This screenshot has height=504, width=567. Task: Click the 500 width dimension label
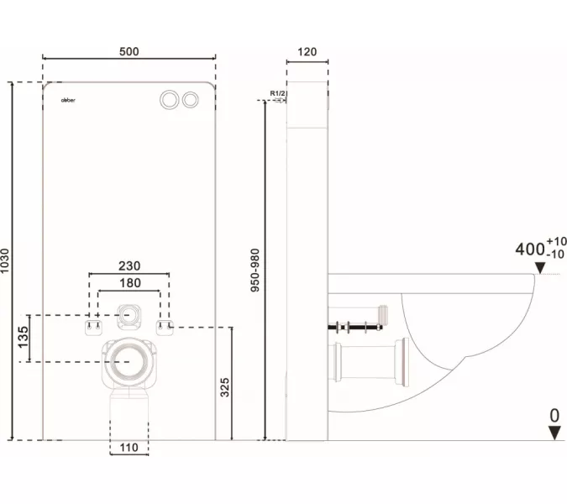tap(129, 51)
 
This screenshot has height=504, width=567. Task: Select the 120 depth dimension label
tap(307, 51)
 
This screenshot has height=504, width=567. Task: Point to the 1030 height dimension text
tap(8, 260)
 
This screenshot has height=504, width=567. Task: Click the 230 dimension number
tap(129, 265)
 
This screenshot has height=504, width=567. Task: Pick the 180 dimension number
tap(129, 283)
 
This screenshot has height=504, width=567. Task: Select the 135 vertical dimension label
tap(24, 338)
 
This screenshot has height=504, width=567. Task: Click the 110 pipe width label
tap(129, 447)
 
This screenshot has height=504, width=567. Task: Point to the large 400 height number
tap(529, 249)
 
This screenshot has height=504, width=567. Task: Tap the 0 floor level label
tap(554, 415)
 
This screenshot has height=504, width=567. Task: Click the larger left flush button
tap(169, 99)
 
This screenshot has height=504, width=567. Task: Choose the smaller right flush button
tap(192, 99)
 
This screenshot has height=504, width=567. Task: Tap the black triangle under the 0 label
tap(554, 433)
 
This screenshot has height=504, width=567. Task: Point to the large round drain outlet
tap(129, 361)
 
